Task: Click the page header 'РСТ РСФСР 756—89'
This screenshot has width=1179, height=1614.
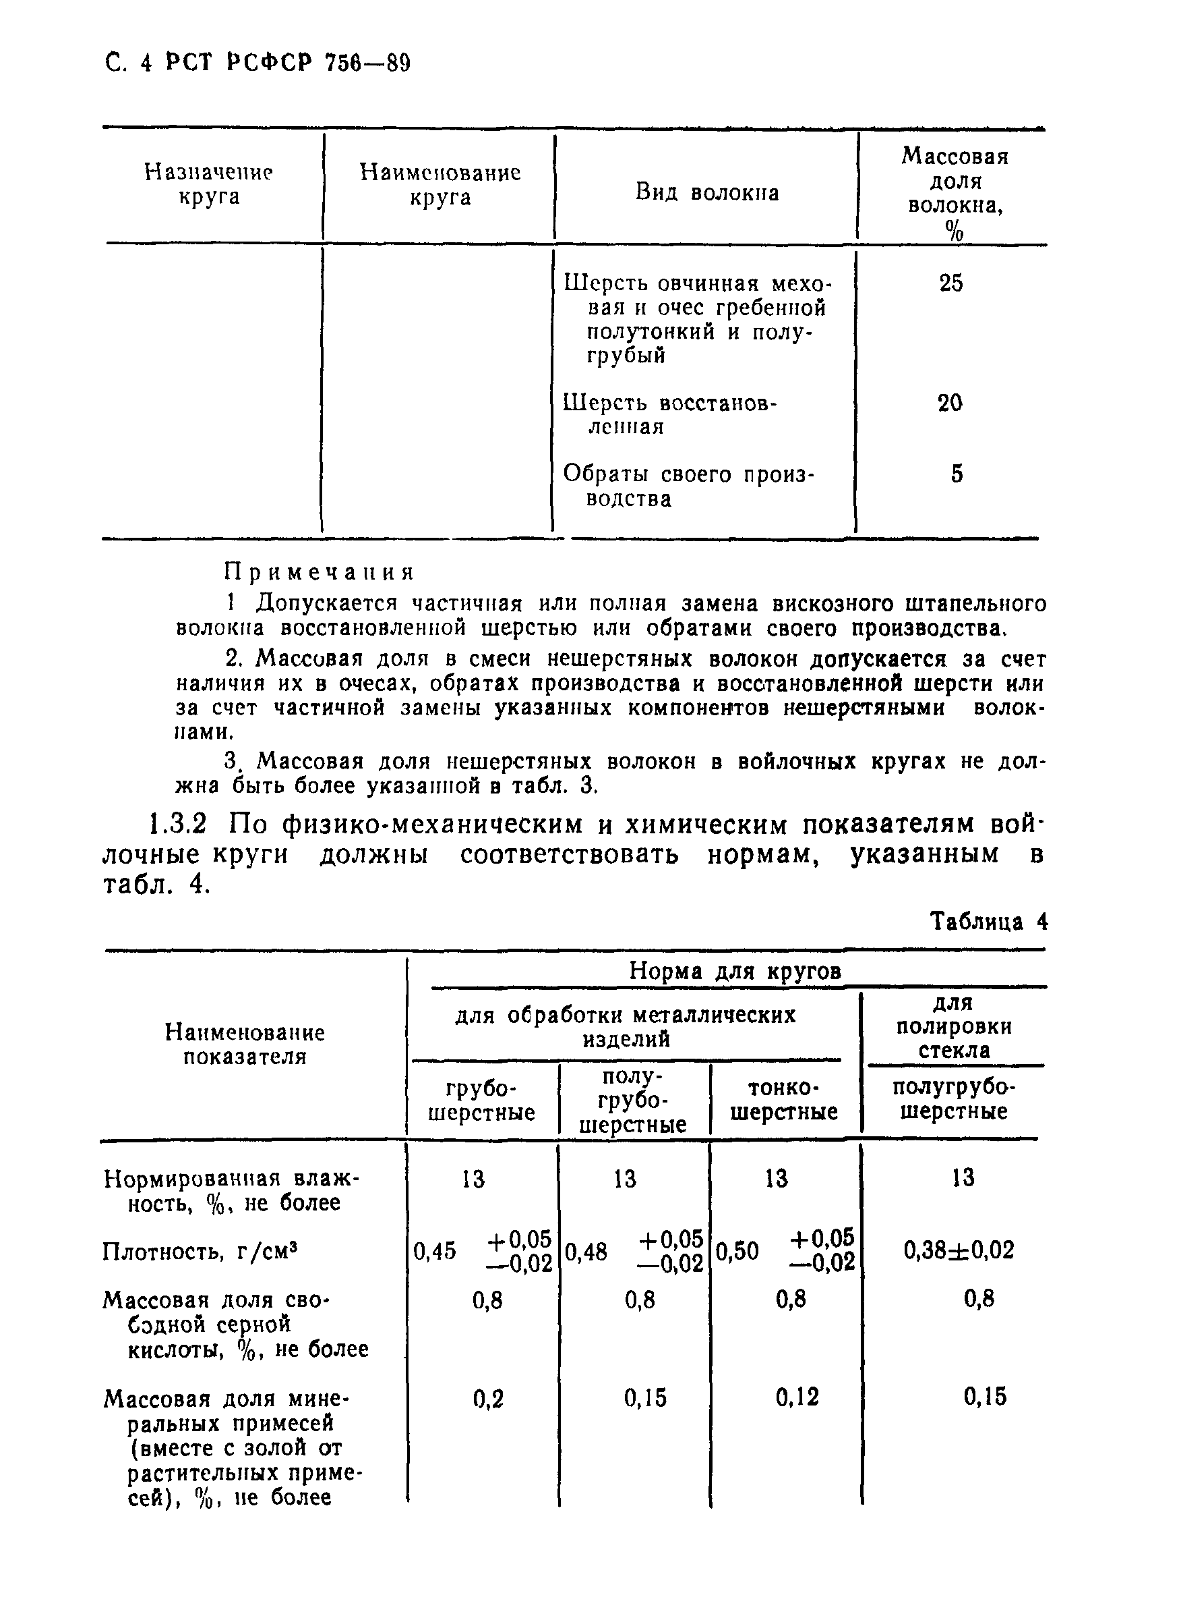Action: click(x=288, y=63)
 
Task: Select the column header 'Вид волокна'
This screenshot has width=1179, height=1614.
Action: click(x=706, y=192)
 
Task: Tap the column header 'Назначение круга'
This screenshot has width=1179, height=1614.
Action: click(x=208, y=184)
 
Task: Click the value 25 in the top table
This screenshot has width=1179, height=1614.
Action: click(x=950, y=283)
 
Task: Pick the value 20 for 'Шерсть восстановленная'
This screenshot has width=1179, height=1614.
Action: click(x=950, y=403)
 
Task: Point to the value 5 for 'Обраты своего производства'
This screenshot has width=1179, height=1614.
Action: click(x=957, y=474)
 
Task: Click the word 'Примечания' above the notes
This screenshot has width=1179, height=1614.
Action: click(x=319, y=572)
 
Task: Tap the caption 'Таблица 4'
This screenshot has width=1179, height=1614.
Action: click(x=988, y=922)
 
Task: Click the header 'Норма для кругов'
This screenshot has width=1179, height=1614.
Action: click(x=734, y=971)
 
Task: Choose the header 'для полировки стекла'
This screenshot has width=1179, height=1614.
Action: click(x=953, y=1026)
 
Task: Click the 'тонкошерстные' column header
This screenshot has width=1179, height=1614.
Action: click(x=783, y=1100)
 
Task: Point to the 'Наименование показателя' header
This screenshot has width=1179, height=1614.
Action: click(x=244, y=1044)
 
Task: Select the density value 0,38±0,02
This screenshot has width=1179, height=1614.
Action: click(x=959, y=1250)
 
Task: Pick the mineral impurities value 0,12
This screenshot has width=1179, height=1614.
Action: click(x=797, y=1396)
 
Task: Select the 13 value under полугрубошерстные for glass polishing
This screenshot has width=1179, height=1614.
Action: click(x=963, y=1177)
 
